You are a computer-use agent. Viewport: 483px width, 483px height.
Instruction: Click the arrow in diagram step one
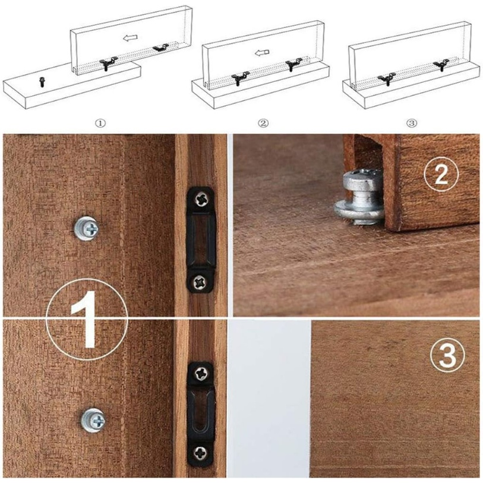click(130, 38)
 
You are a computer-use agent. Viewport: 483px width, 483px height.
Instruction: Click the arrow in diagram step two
click(262, 53)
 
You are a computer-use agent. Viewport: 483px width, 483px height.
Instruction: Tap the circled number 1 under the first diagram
click(100, 124)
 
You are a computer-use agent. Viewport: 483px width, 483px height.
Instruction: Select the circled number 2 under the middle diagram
click(263, 124)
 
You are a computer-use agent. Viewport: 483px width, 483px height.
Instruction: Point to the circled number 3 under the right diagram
click(412, 124)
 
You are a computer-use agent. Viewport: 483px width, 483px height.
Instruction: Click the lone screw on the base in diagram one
click(41, 82)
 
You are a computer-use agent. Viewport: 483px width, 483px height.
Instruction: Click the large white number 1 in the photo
click(86, 320)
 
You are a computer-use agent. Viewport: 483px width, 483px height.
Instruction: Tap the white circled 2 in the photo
click(441, 174)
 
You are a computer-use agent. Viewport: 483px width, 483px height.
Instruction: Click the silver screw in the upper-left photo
click(87, 228)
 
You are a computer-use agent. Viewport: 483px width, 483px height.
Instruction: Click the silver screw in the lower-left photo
click(93, 420)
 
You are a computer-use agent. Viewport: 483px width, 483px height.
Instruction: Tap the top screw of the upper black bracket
click(201, 199)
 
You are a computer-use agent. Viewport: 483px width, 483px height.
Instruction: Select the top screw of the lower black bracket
click(201, 374)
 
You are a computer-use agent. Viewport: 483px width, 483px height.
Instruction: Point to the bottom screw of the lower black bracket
click(200, 452)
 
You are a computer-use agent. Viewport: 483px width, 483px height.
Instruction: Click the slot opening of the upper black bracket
click(201, 240)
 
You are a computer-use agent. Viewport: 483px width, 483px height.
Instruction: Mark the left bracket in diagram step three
click(387, 78)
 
